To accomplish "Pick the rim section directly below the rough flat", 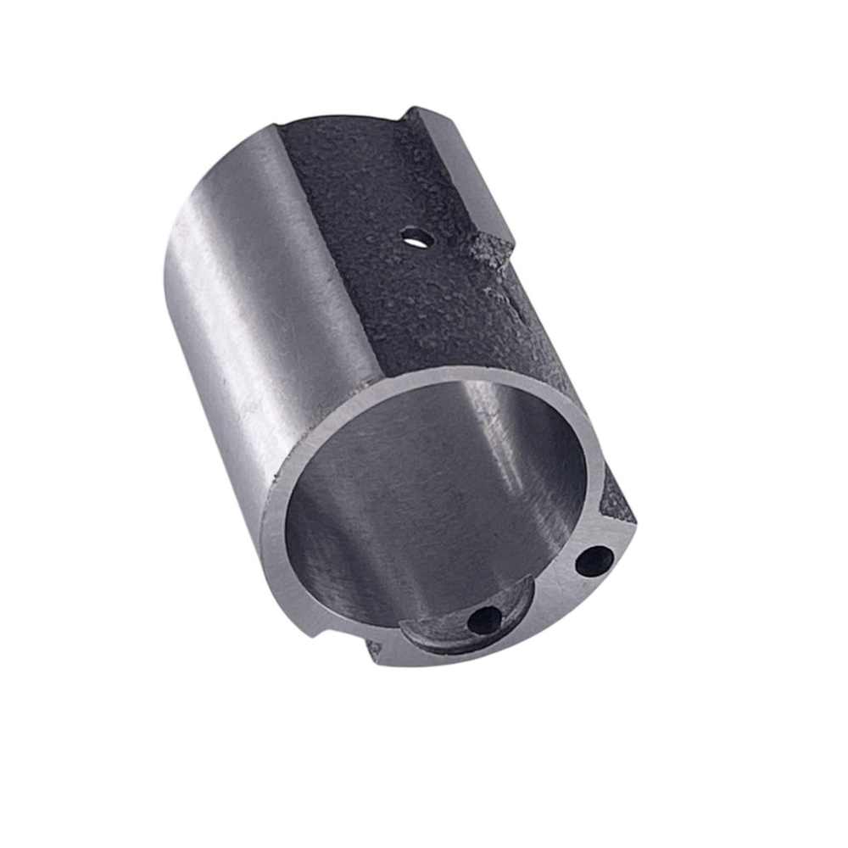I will (x=475, y=373).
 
